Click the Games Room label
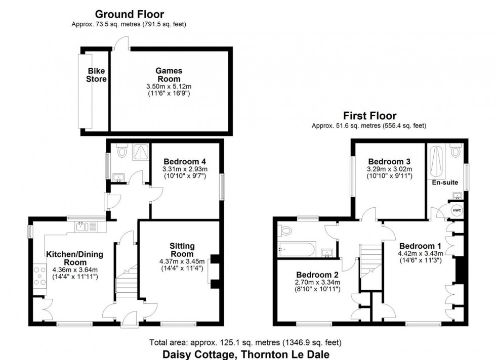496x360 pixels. tap(169, 75)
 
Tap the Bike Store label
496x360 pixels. tap(97, 75)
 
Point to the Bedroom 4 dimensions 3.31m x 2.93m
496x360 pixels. tap(185, 169)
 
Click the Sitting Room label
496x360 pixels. tap(182, 250)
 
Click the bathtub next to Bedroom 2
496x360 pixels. tap(297, 249)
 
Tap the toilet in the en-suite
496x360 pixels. tap(456, 150)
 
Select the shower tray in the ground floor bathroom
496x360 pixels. tap(138, 152)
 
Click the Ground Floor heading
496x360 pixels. tap(130, 14)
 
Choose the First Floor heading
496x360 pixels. tap(369, 116)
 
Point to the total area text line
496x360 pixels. tap(245, 343)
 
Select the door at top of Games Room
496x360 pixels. tap(120, 44)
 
